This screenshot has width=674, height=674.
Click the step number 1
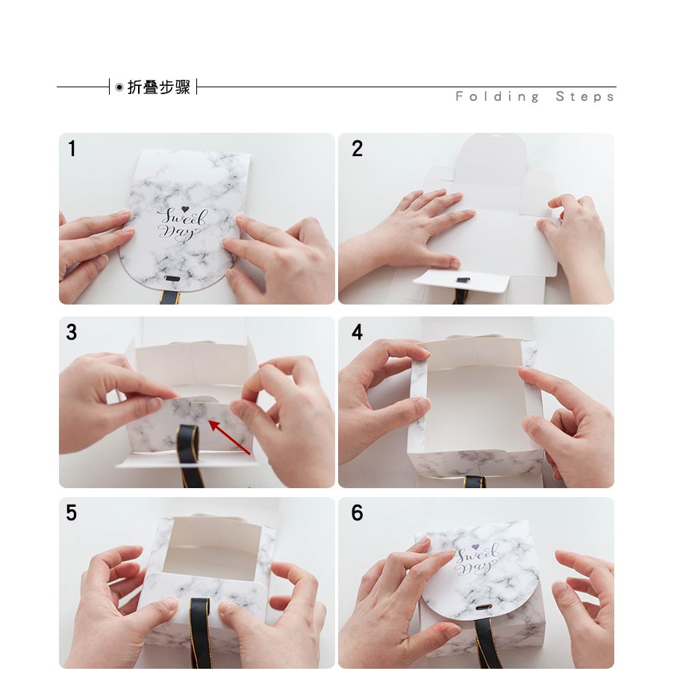pyautogui.click(x=72, y=149)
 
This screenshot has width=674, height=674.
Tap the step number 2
pyautogui.click(x=358, y=149)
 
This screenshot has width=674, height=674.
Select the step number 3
pyautogui.click(x=72, y=332)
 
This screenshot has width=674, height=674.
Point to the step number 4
pyautogui.click(x=358, y=332)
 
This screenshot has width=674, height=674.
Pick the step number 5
pyautogui.click(x=72, y=513)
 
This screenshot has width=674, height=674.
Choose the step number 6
pyautogui.click(x=358, y=513)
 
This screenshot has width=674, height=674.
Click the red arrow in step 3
pyautogui.click(x=230, y=437)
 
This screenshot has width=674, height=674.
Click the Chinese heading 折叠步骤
pyautogui.click(x=159, y=87)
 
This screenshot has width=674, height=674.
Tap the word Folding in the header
pyautogui.click(x=497, y=97)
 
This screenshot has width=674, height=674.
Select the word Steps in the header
pyautogui.click(x=584, y=97)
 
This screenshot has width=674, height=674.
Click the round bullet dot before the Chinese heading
pyautogui.click(x=119, y=87)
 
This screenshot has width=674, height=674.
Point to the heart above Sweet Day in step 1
pyautogui.click(x=185, y=209)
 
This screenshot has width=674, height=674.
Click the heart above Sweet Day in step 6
pyautogui.click(x=475, y=547)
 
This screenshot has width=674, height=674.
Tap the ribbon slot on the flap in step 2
pyautogui.click(x=463, y=281)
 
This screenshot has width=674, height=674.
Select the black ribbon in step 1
pyautogui.click(x=169, y=296)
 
